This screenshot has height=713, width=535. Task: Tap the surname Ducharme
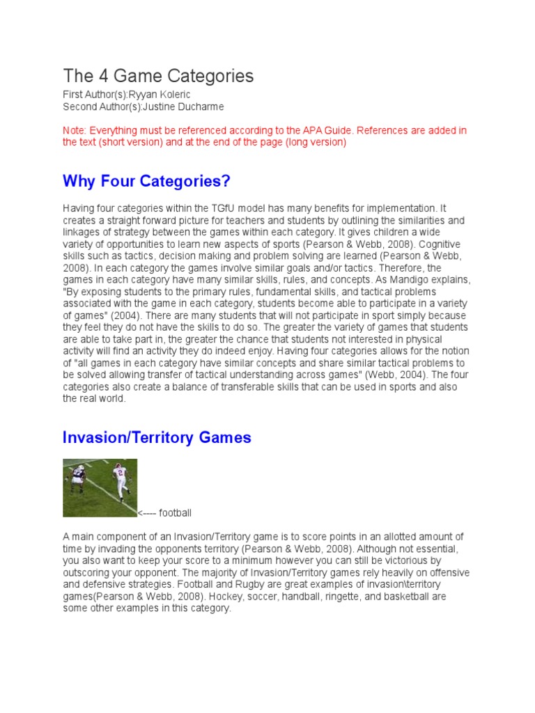pyautogui.click(x=198, y=107)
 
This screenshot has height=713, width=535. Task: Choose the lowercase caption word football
pyautogui.click(x=175, y=513)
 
